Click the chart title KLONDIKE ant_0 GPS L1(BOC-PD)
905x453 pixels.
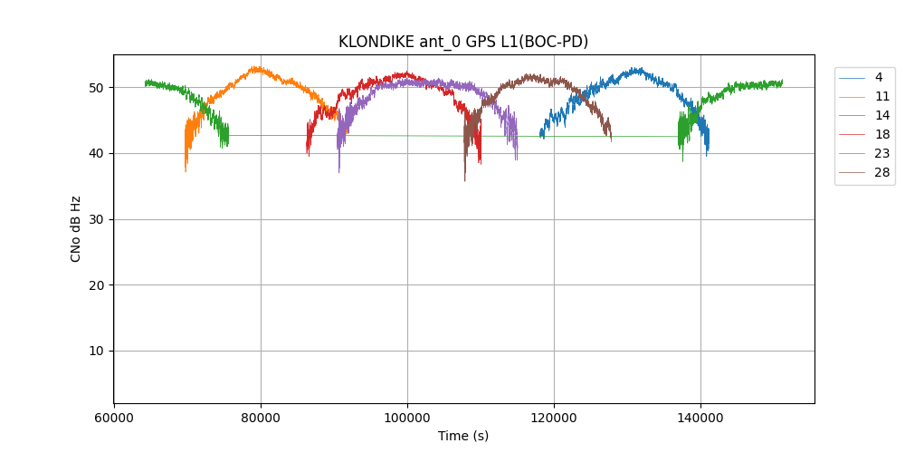(463, 42)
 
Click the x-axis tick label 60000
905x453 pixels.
(114, 419)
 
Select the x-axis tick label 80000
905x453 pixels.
(261, 419)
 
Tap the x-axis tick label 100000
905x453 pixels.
(407, 419)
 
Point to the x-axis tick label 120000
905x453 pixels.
(554, 419)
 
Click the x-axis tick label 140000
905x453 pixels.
(700, 419)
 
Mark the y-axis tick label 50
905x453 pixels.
(97, 88)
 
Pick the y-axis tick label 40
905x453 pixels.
(97, 153)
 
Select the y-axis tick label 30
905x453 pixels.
(97, 219)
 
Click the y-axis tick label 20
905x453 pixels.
(97, 285)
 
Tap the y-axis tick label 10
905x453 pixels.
(97, 352)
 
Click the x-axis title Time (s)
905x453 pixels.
(463, 436)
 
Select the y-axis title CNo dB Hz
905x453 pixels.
(76, 229)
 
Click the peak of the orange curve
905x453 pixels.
(255, 67)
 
